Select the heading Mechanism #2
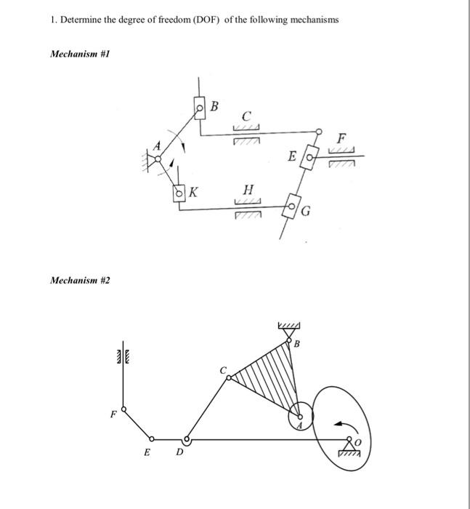(x=79, y=280)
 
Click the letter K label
(x=194, y=193)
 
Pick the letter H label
(x=246, y=190)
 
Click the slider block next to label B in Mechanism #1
(x=200, y=108)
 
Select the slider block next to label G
(x=293, y=206)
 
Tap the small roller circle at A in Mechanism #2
(x=300, y=416)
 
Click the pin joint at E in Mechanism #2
(x=151, y=439)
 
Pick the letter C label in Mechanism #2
(x=223, y=371)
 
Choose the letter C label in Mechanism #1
(x=247, y=115)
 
